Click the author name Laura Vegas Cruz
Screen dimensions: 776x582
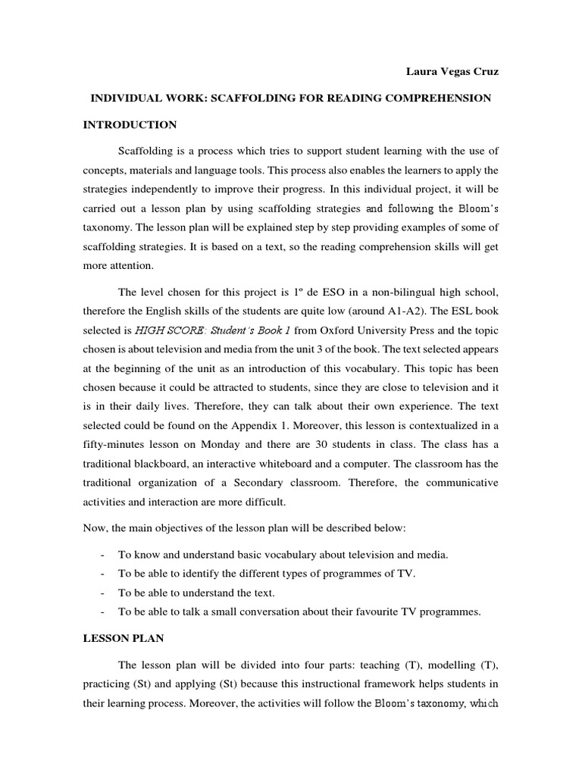click(x=451, y=72)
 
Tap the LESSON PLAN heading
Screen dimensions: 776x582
click(x=124, y=639)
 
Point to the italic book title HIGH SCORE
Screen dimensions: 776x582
click(x=167, y=331)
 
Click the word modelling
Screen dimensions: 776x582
click(x=449, y=665)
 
